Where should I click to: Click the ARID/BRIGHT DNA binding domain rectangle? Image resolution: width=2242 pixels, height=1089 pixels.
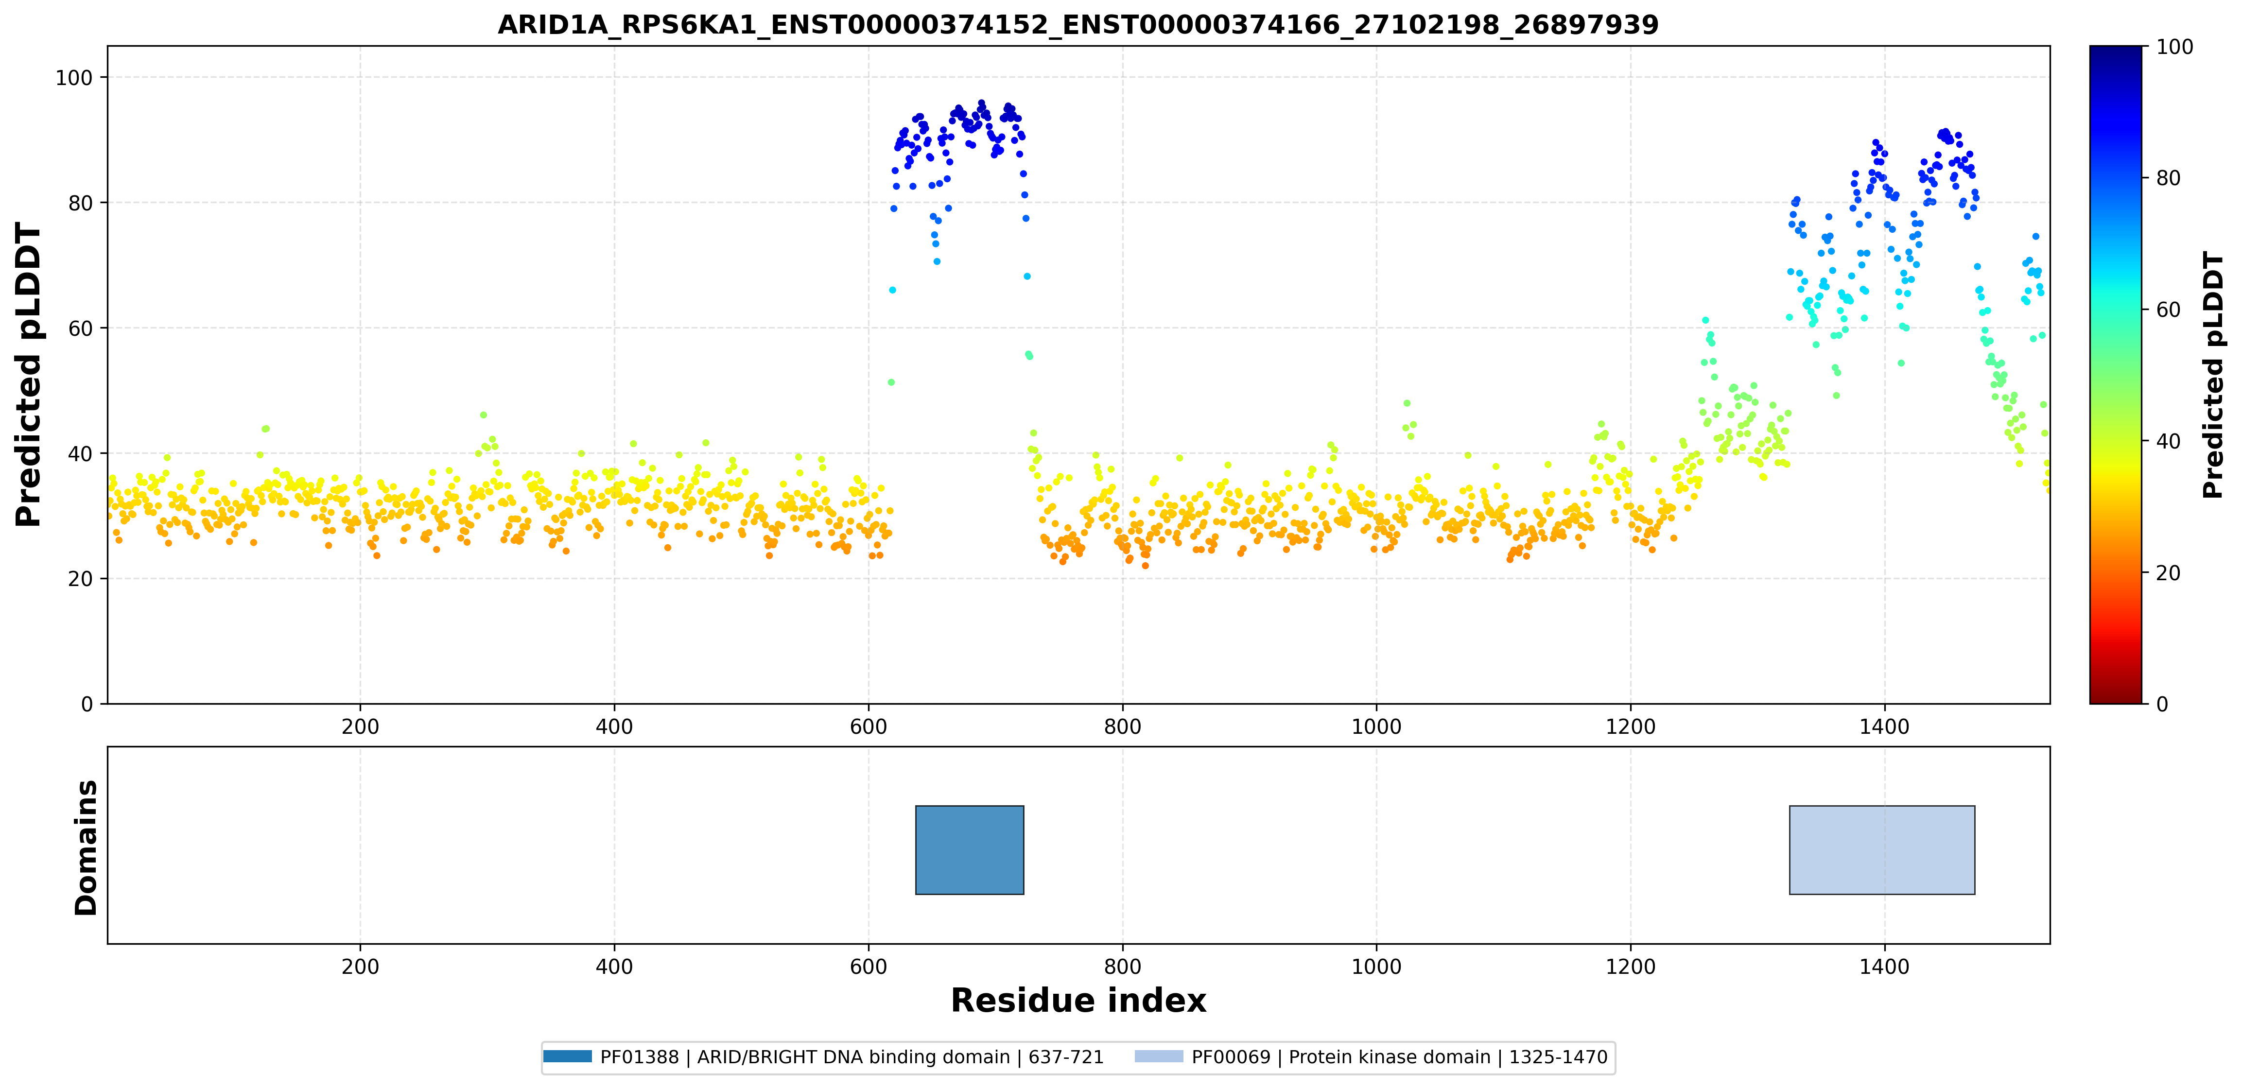[x=970, y=849]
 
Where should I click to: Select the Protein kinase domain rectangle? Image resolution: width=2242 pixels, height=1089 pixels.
[x=1882, y=849]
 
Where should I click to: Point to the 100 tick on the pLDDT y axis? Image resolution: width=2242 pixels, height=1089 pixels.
[x=74, y=77]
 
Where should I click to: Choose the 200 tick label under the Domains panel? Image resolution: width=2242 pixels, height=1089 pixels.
[x=360, y=966]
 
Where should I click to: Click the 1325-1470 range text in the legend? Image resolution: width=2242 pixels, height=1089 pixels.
[x=1558, y=1057]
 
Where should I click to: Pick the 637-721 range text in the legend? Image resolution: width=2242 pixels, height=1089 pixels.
[x=1066, y=1057]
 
